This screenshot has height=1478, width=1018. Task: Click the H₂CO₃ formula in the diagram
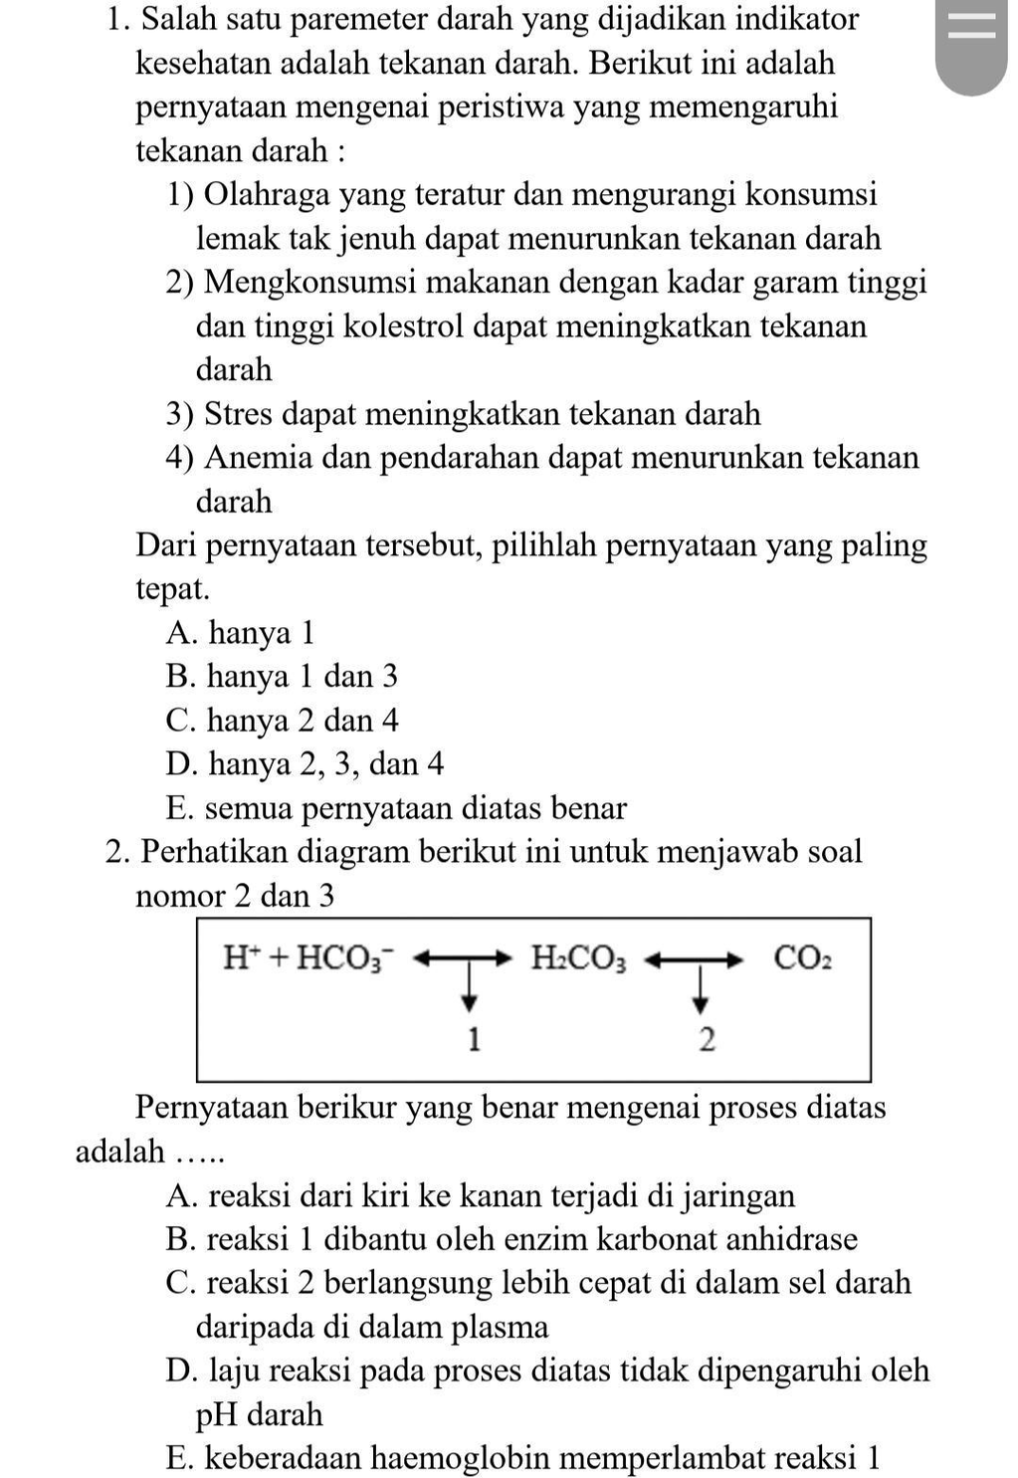click(578, 958)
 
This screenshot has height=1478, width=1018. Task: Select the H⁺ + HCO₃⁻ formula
click(308, 958)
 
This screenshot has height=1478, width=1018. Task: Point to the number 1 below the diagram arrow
click(474, 1040)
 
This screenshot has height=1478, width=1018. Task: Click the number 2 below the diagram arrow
click(707, 1040)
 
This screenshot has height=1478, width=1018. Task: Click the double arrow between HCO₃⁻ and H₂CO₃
click(463, 959)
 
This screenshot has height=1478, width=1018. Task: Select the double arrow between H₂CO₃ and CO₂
click(695, 959)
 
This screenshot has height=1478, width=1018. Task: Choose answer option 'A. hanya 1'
click(241, 633)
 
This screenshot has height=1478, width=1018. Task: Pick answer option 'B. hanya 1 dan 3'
click(283, 677)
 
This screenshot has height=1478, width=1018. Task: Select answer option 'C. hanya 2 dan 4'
click(283, 721)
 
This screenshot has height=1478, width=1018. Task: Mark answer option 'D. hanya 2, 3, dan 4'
click(305, 764)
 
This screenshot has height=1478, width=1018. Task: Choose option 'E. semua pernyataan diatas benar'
click(397, 808)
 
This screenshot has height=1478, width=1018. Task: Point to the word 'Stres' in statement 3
click(239, 414)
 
